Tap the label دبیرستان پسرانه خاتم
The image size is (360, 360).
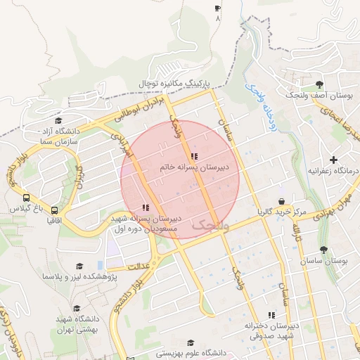click(x=194, y=169)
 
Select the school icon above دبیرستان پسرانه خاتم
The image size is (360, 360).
click(x=194, y=156)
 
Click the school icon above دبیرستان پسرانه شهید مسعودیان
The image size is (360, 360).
click(x=146, y=207)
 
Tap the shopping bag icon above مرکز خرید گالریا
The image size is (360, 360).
click(x=281, y=201)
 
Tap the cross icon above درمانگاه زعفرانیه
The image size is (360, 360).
click(x=333, y=160)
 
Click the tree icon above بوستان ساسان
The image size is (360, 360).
click(x=323, y=250)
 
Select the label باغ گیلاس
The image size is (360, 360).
click(x=26, y=209)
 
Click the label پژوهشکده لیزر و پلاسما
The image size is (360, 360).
click(x=79, y=277)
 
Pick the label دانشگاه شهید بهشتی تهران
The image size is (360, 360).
click(x=77, y=324)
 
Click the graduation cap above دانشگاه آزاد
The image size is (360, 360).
click(x=58, y=120)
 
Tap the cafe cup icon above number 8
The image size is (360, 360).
click(x=217, y=8)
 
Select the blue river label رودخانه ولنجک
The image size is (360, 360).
click(x=259, y=105)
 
